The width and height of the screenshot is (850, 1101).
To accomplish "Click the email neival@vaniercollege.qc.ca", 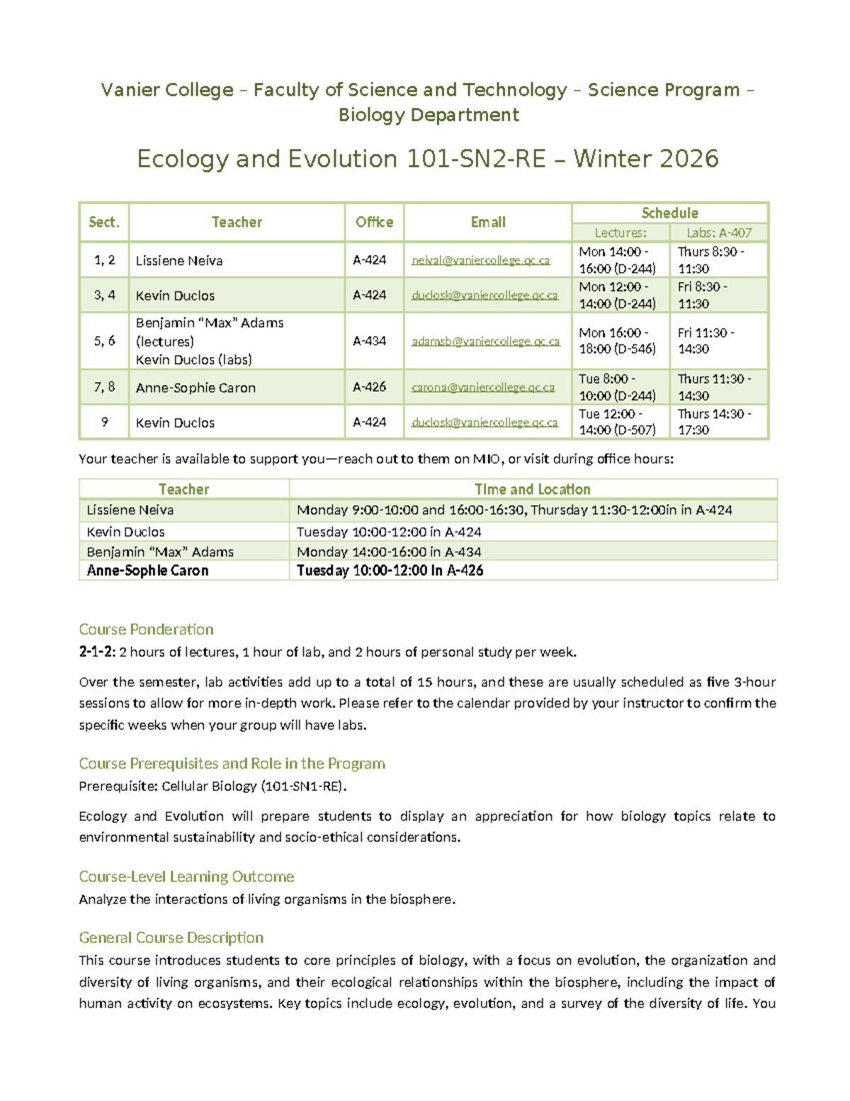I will [480, 260].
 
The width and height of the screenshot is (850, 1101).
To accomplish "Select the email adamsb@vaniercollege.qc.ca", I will [485, 341].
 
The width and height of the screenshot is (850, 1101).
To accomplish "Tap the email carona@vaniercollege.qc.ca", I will [482, 387].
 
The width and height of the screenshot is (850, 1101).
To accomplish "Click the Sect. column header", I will [104, 222].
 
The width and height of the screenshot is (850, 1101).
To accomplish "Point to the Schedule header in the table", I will [669, 213].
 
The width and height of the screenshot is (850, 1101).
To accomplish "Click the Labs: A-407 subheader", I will [719, 233].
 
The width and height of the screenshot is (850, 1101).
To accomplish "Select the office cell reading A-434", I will [369, 341].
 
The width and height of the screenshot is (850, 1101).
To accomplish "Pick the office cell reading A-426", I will [369, 387].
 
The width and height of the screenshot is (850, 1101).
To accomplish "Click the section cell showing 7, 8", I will [104, 387].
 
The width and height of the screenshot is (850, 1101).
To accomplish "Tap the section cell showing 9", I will [104, 422].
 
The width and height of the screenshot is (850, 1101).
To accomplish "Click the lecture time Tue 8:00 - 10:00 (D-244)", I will [617, 387].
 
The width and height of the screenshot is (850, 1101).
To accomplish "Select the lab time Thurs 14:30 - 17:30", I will [714, 422].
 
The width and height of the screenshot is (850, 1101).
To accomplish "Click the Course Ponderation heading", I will [146, 630].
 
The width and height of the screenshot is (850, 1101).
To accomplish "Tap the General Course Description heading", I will [171, 938].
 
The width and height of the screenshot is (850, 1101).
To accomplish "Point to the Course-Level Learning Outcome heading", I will [186, 877].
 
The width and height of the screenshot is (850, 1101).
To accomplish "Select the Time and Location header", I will [532, 489].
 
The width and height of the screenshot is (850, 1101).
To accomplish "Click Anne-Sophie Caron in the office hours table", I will [147, 571].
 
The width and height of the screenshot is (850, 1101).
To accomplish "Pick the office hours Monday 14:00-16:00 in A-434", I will [389, 552].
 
